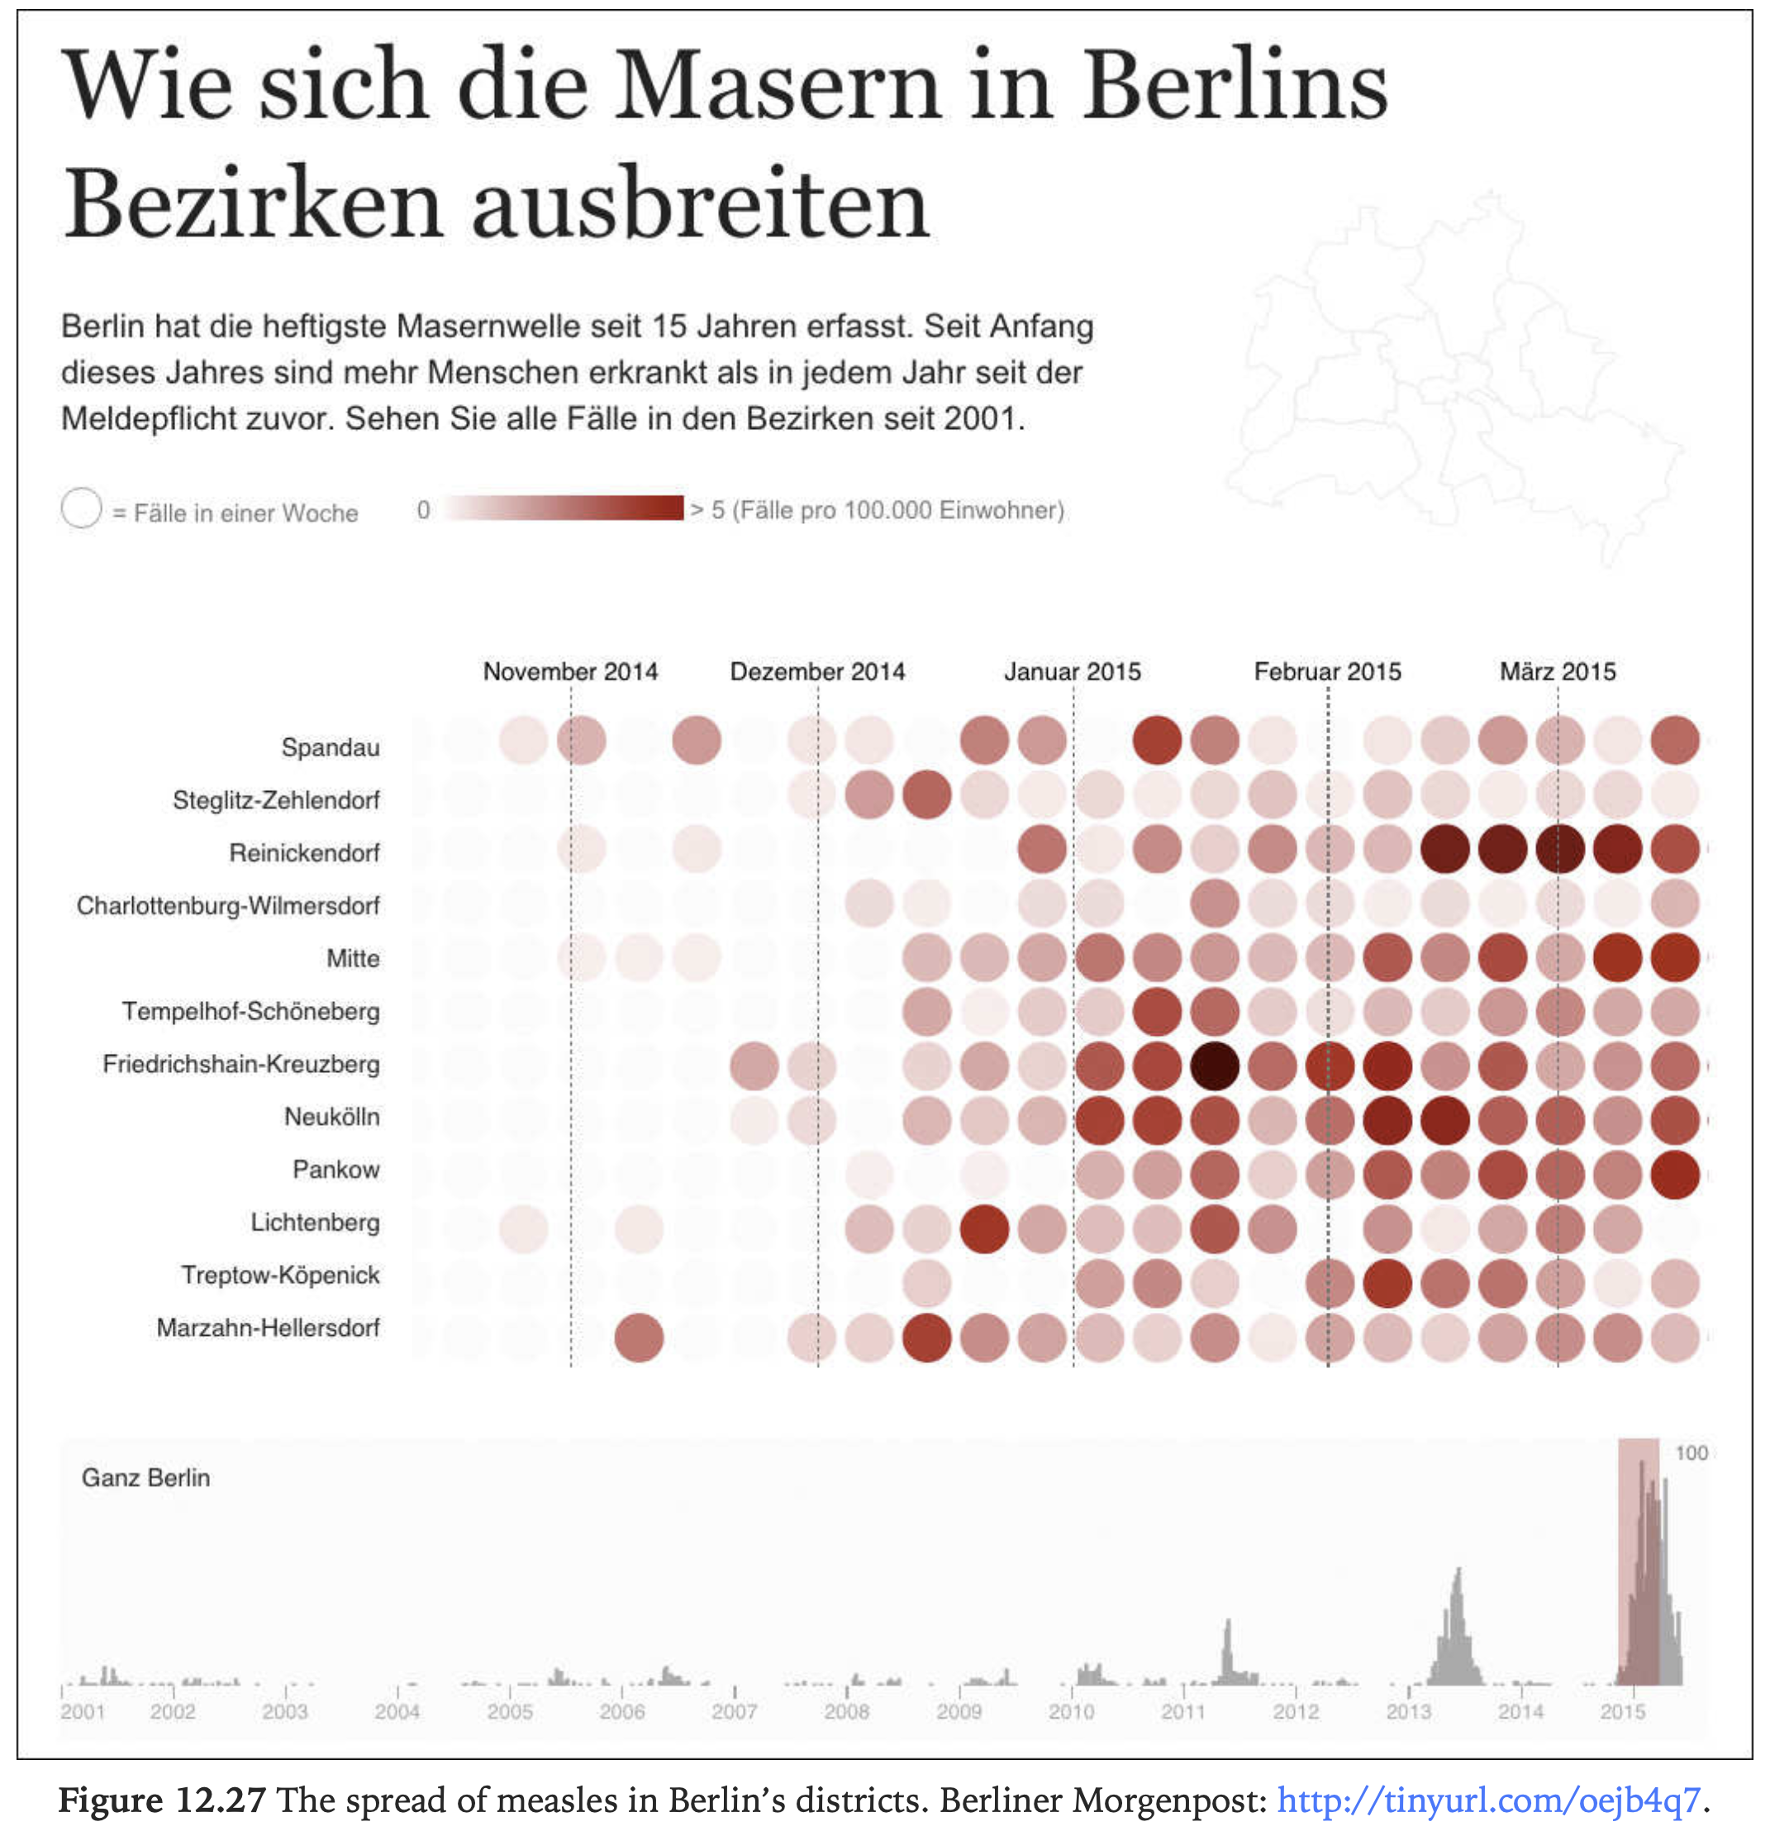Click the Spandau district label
330,747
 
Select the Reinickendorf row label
304,852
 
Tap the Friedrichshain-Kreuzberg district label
240,1064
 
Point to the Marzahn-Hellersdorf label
268,1328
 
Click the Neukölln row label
331,1117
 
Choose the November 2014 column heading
569,671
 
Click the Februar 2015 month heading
1326,671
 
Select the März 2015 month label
1557,671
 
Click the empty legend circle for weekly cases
82,508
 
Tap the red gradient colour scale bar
564,508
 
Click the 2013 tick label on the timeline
1407,1711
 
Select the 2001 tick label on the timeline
83,1711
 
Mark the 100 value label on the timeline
1691,1453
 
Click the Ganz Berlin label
145,1478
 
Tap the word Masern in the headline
777,86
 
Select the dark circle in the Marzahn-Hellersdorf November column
639,1337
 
